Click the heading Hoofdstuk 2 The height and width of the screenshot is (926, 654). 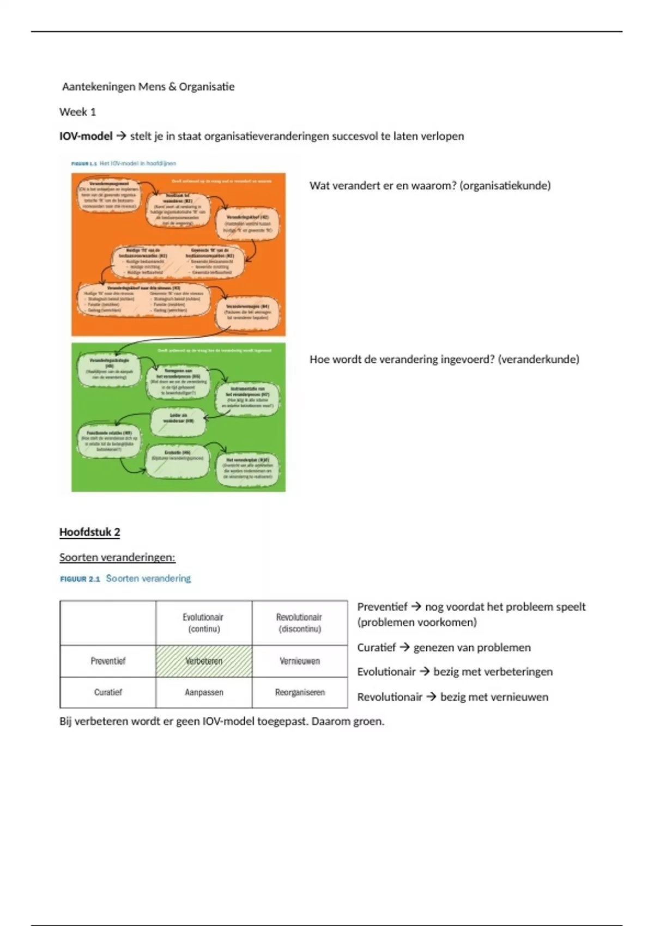(x=89, y=532)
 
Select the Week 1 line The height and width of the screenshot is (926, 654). (x=77, y=112)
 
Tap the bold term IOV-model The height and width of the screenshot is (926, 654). (x=86, y=136)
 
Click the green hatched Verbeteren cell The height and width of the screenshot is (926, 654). (x=204, y=661)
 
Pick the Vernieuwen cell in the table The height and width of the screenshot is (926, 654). (x=300, y=661)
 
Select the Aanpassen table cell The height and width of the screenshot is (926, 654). (x=204, y=692)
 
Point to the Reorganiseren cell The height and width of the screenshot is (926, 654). (x=300, y=692)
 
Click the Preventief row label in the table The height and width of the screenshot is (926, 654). (x=108, y=661)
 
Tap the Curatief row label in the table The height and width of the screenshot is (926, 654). (x=108, y=692)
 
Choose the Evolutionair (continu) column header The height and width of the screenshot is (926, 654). (x=203, y=623)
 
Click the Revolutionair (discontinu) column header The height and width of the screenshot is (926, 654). (x=299, y=623)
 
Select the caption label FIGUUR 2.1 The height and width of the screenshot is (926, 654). (x=80, y=579)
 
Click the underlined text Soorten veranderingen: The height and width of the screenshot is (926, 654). (x=117, y=557)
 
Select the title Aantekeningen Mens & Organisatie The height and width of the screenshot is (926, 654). (x=148, y=87)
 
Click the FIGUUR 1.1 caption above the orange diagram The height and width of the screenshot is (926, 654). (x=84, y=163)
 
